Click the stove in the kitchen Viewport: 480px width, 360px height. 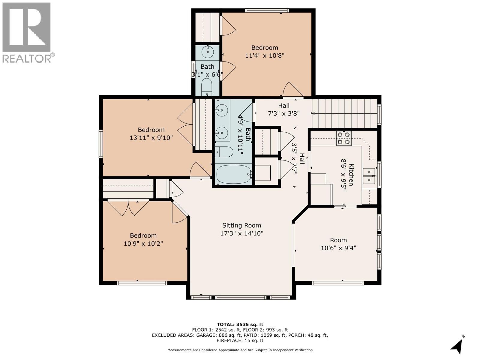(343, 138)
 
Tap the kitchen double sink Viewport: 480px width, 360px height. (369, 176)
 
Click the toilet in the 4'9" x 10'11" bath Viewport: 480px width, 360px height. (224, 152)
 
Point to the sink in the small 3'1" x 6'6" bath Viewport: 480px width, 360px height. (207, 52)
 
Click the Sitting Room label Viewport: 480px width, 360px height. (241, 225)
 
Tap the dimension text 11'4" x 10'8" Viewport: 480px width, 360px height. (265, 55)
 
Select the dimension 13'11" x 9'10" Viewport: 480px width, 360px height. (151, 138)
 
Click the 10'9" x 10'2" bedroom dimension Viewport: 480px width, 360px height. (143, 243)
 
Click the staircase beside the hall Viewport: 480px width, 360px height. (344, 113)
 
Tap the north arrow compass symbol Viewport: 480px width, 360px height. (457, 346)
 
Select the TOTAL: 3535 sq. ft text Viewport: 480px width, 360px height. (240, 324)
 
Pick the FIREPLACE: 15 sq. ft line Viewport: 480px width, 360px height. (240, 340)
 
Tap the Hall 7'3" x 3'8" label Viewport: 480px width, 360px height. (283, 109)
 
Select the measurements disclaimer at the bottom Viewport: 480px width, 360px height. (240, 350)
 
